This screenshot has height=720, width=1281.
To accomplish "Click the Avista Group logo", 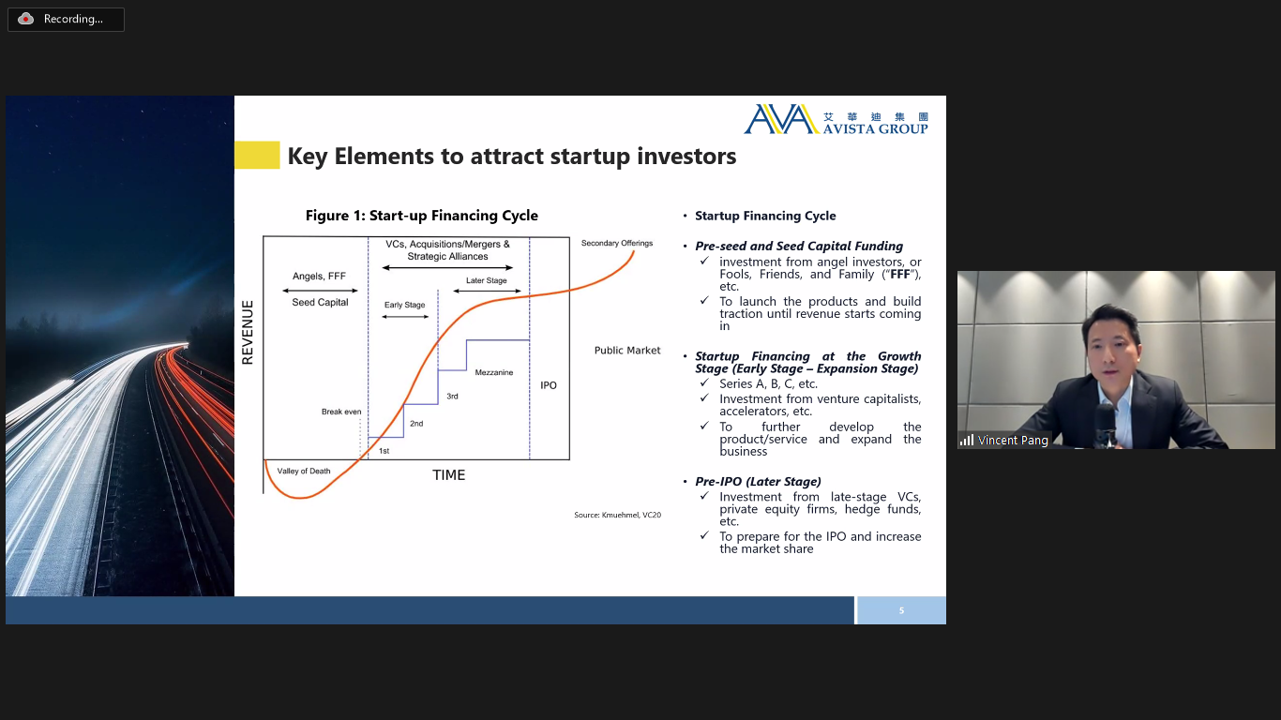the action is click(836, 119).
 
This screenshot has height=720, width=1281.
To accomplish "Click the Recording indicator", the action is click(66, 20).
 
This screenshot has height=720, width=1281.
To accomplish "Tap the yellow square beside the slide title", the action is click(257, 155).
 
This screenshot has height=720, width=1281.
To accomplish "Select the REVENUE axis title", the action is click(247, 332).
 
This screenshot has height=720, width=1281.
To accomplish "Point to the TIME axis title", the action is click(449, 475).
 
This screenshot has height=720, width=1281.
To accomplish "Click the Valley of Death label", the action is click(304, 472).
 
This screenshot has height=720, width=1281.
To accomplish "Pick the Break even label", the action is click(341, 412).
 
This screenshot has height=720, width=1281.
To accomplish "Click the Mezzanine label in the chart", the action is click(494, 372).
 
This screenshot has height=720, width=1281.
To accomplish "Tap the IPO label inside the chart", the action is click(549, 385).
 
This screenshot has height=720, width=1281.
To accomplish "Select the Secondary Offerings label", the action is click(617, 243).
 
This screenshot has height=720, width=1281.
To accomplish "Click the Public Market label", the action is click(627, 350).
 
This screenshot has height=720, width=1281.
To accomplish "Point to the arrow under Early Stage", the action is click(405, 317).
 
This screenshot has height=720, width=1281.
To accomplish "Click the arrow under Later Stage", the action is click(488, 291).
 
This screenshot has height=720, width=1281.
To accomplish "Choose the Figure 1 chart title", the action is click(421, 216).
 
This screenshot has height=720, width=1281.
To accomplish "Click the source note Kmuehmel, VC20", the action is click(618, 515).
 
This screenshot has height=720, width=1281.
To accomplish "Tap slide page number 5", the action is click(901, 610).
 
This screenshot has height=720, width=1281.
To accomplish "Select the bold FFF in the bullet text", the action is click(900, 275).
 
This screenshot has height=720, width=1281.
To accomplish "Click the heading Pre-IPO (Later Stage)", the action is click(758, 482).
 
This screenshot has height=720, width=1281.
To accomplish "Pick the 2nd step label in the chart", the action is click(416, 424).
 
